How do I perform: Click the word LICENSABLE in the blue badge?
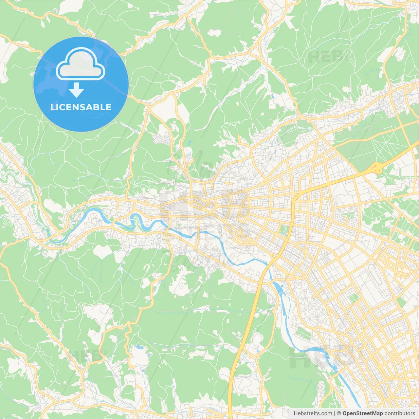[81, 107]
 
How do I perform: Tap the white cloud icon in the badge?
[81, 64]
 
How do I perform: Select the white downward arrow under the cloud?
[76, 90]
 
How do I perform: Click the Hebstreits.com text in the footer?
[312, 413]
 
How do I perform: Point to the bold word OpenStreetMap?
[363, 413]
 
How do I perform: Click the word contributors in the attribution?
[400, 413]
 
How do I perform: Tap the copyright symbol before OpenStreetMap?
[339, 413]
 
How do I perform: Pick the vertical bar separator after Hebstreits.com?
[334, 413]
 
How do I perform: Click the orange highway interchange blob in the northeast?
[377, 168]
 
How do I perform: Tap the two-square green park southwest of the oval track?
[353, 299]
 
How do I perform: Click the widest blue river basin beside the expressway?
[278, 288]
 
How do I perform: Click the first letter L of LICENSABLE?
[52, 107]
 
